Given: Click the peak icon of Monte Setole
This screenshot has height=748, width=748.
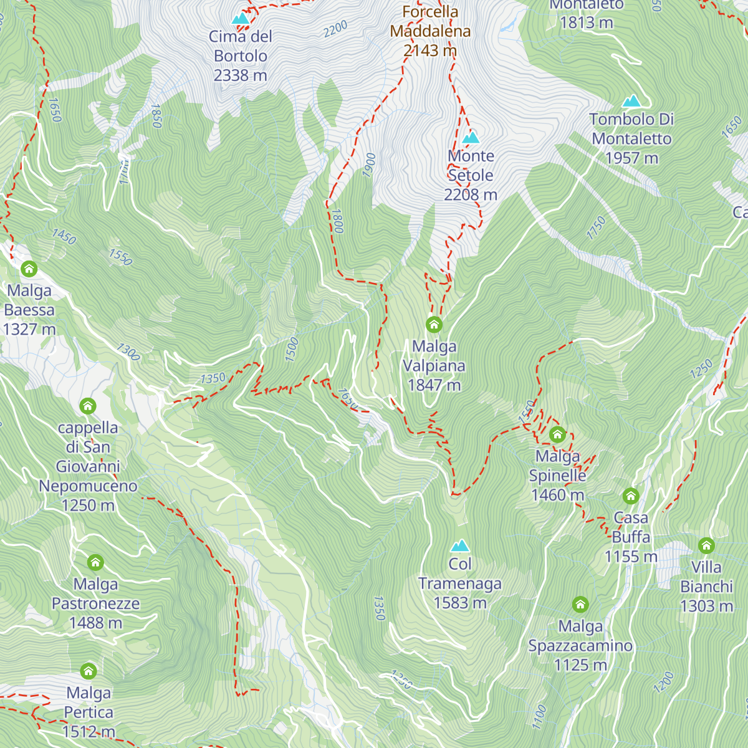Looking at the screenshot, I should (x=471, y=137).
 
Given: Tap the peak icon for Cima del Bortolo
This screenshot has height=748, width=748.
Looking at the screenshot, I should (x=241, y=19).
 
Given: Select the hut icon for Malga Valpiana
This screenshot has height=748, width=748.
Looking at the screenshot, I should (x=434, y=325).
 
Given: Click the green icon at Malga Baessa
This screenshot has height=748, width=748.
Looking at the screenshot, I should (x=29, y=269).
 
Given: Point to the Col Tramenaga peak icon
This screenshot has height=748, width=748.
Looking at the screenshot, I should (x=460, y=546).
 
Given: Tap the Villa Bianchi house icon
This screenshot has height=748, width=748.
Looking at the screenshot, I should (x=706, y=546).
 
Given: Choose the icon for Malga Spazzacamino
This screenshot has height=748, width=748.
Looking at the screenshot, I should (x=580, y=605).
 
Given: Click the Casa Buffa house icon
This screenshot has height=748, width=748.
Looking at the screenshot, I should (x=631, y=496).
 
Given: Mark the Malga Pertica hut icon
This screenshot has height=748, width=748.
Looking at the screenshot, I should (x=89, y=671).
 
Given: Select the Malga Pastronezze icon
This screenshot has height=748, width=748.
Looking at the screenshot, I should (x=95, y=563).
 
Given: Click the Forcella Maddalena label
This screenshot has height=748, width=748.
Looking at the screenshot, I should (x=430, y=21).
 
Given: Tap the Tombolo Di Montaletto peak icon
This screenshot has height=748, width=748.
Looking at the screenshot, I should (x=631, y=101).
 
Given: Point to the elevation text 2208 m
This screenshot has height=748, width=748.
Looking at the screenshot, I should (x=471, y=195).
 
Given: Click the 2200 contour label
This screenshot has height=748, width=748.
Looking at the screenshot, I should (x=335, y=29).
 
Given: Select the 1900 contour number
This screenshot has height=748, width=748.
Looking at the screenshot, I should (x=370, y=165).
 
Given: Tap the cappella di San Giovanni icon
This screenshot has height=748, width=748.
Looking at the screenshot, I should (x=88, y=406).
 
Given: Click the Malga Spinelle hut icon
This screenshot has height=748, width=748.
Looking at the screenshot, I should (x=557, y=434).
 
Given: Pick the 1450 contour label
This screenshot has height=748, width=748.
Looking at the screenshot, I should (x=64, y=237).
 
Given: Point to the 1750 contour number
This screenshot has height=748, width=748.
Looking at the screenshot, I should (x=597, y=228).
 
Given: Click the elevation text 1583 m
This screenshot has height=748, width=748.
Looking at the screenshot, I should (x=460, y=603).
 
